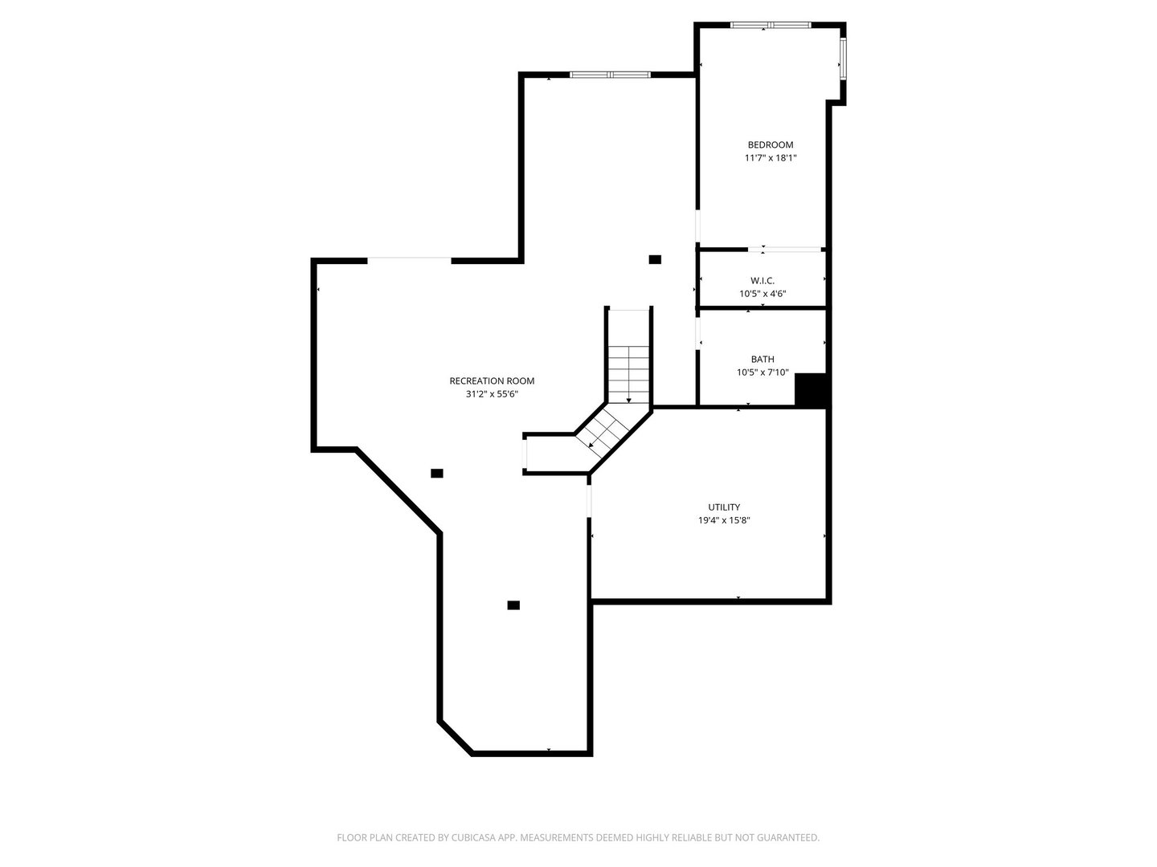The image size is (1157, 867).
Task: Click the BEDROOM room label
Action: (x=770, y=144)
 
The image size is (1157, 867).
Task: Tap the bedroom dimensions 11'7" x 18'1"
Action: (x=770, y=158)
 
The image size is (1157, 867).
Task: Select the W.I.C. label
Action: (x=762, y=281)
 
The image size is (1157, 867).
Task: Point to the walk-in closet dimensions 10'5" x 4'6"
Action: (x=762, y=294)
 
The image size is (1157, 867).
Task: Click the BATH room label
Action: (x=762, y=359)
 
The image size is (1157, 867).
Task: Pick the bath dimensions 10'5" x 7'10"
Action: (x=762, y=372)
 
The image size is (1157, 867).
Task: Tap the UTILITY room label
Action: (x=724, y=507)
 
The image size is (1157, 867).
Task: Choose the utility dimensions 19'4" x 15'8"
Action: (x=724, y=521)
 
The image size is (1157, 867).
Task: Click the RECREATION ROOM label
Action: (x=492, y=381)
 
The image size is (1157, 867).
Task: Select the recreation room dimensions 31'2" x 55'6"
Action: (x=492, y=394)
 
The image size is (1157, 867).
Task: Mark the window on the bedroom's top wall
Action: (x=770, y=25)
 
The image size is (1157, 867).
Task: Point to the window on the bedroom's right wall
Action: (x=843, y=59)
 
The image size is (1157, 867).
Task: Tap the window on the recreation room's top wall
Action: (x=610, y=75)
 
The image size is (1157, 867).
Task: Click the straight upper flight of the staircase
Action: (x=629, y=357)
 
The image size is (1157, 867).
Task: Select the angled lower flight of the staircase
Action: (x=603, y=432)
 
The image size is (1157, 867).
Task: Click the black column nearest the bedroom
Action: (x=655, y=259)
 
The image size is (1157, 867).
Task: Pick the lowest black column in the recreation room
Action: (x=513, y=605)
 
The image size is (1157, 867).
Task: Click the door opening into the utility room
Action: (x=589, y=502)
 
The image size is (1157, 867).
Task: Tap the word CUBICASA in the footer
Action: (x=473, y=837)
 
